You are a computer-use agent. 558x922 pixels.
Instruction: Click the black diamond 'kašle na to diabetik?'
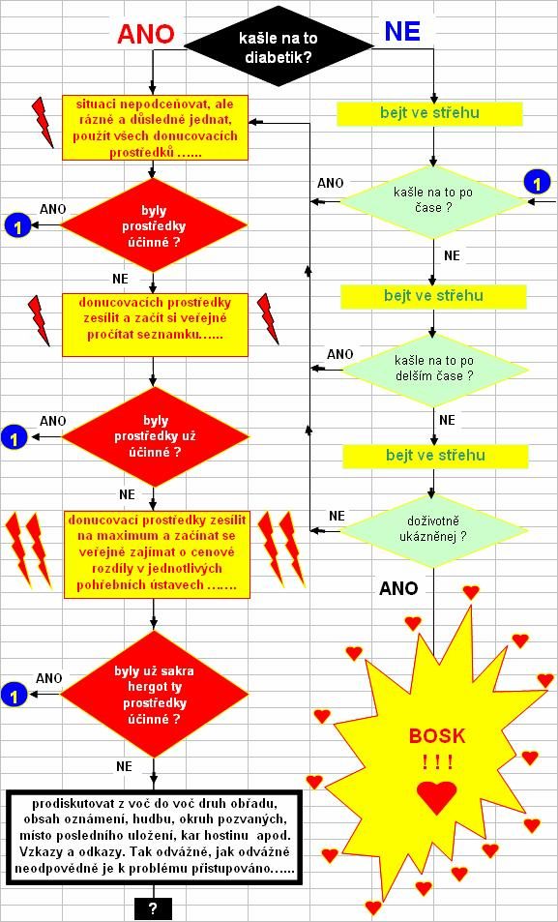coord(279,45)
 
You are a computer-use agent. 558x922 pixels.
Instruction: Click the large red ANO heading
coord(146,35)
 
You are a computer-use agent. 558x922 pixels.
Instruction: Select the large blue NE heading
coord(402,32)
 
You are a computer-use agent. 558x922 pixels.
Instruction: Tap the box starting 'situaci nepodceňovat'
coord(156,128)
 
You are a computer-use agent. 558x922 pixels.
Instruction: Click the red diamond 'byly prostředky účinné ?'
coord(154,225)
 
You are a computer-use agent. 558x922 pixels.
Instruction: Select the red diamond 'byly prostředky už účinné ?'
coord(156,436)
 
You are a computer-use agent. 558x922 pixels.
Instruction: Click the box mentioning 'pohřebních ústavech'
coord(157,554)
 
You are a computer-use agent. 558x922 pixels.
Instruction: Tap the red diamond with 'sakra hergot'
coord(155,694)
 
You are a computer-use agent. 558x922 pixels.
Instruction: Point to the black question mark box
coord(153,909)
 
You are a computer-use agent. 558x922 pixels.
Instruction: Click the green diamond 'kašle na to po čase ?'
coord(434,201)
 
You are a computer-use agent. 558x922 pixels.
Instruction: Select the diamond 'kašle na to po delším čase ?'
coord(435,370)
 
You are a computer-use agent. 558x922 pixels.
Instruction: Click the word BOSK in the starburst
coord(437,735)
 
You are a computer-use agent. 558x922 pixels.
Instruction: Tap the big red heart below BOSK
coord(436,797)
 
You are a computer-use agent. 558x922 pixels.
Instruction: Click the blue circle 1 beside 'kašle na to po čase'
coord(537,184)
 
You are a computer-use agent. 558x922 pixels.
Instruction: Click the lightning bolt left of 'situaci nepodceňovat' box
coord(43,122)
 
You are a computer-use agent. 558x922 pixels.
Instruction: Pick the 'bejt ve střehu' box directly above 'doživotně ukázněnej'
coord(436,455)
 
